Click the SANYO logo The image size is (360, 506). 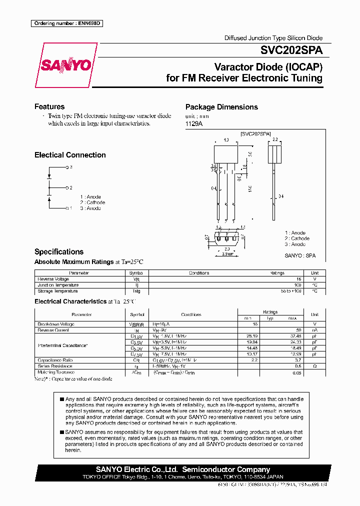click(x=65, y=65)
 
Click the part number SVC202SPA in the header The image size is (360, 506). click(x=291, y=50)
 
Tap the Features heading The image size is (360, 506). click(x=49, y=106)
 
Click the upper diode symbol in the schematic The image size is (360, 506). click(x=49, y=176)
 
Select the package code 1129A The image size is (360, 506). click(x=194, y=123)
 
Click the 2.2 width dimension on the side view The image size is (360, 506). click(x=274, y=140)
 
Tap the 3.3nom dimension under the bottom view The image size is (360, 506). click(x=227, y=254)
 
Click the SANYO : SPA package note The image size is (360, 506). click(x=300, y=255)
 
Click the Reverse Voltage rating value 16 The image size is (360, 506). click(x=298, y=279)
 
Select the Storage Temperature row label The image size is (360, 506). click(x=57, y=291)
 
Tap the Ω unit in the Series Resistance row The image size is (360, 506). click(x=314, y=366)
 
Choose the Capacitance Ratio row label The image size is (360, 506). click(x=56, y=360)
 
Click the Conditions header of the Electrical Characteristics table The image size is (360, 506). click(x=191, y=314)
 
